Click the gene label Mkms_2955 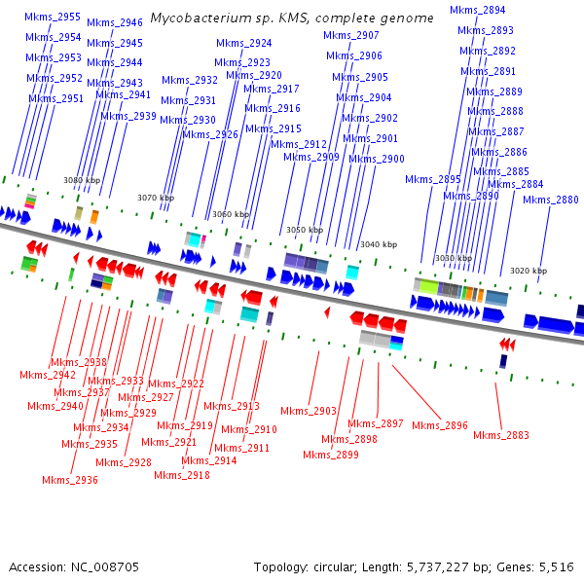(x=54, y=17)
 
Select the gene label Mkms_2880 (x=551, y=200)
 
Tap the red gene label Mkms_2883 (x=501, y=435)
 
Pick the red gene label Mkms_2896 (x=440, y=425)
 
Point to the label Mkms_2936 (x=70, y=480)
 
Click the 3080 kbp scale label (x=82, y=180)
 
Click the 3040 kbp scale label (x=379, y=244)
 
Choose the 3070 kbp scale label (x=156, y=198)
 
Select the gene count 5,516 (x=554, y=566)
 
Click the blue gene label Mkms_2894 (x=478, y=10)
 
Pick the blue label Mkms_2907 (x=351, y=35)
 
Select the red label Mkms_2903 (x=309, y=411)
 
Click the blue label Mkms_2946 (x=115, y=22)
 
